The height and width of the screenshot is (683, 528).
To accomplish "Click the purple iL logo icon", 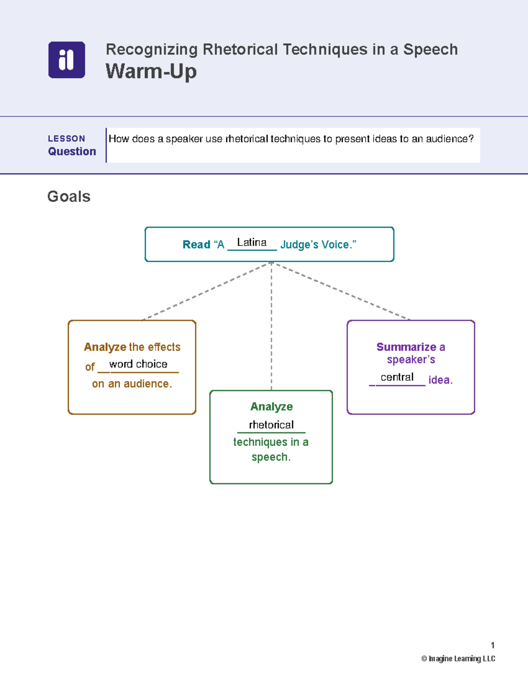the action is tap(67, 60).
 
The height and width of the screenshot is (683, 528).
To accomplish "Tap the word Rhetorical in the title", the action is tap(240, 49).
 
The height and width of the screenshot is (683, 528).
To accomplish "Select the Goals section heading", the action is tap(69, 197).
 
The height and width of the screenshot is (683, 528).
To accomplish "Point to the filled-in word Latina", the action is tap(252, 242).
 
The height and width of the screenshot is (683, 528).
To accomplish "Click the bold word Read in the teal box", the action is tap(197, 245).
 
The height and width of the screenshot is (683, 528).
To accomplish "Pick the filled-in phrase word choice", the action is tap(138, 364).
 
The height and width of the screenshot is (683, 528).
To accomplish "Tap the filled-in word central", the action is tap(397, 377).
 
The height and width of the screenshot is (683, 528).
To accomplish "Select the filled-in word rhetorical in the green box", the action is tap(271, 425).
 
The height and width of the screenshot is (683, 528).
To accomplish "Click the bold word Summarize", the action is tap(406, 347).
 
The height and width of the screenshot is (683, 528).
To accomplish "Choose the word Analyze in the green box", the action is tap(271, 407).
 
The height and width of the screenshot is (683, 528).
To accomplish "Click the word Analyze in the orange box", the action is tap(105, 347).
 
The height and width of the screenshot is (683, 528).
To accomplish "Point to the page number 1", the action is tap(493, 645).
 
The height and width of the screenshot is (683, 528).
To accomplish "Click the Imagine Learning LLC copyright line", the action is tap(458, 658).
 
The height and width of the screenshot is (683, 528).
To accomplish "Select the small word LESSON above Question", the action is tap(66, 139).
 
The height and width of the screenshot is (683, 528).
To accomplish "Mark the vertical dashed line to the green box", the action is tap(271, 326).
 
